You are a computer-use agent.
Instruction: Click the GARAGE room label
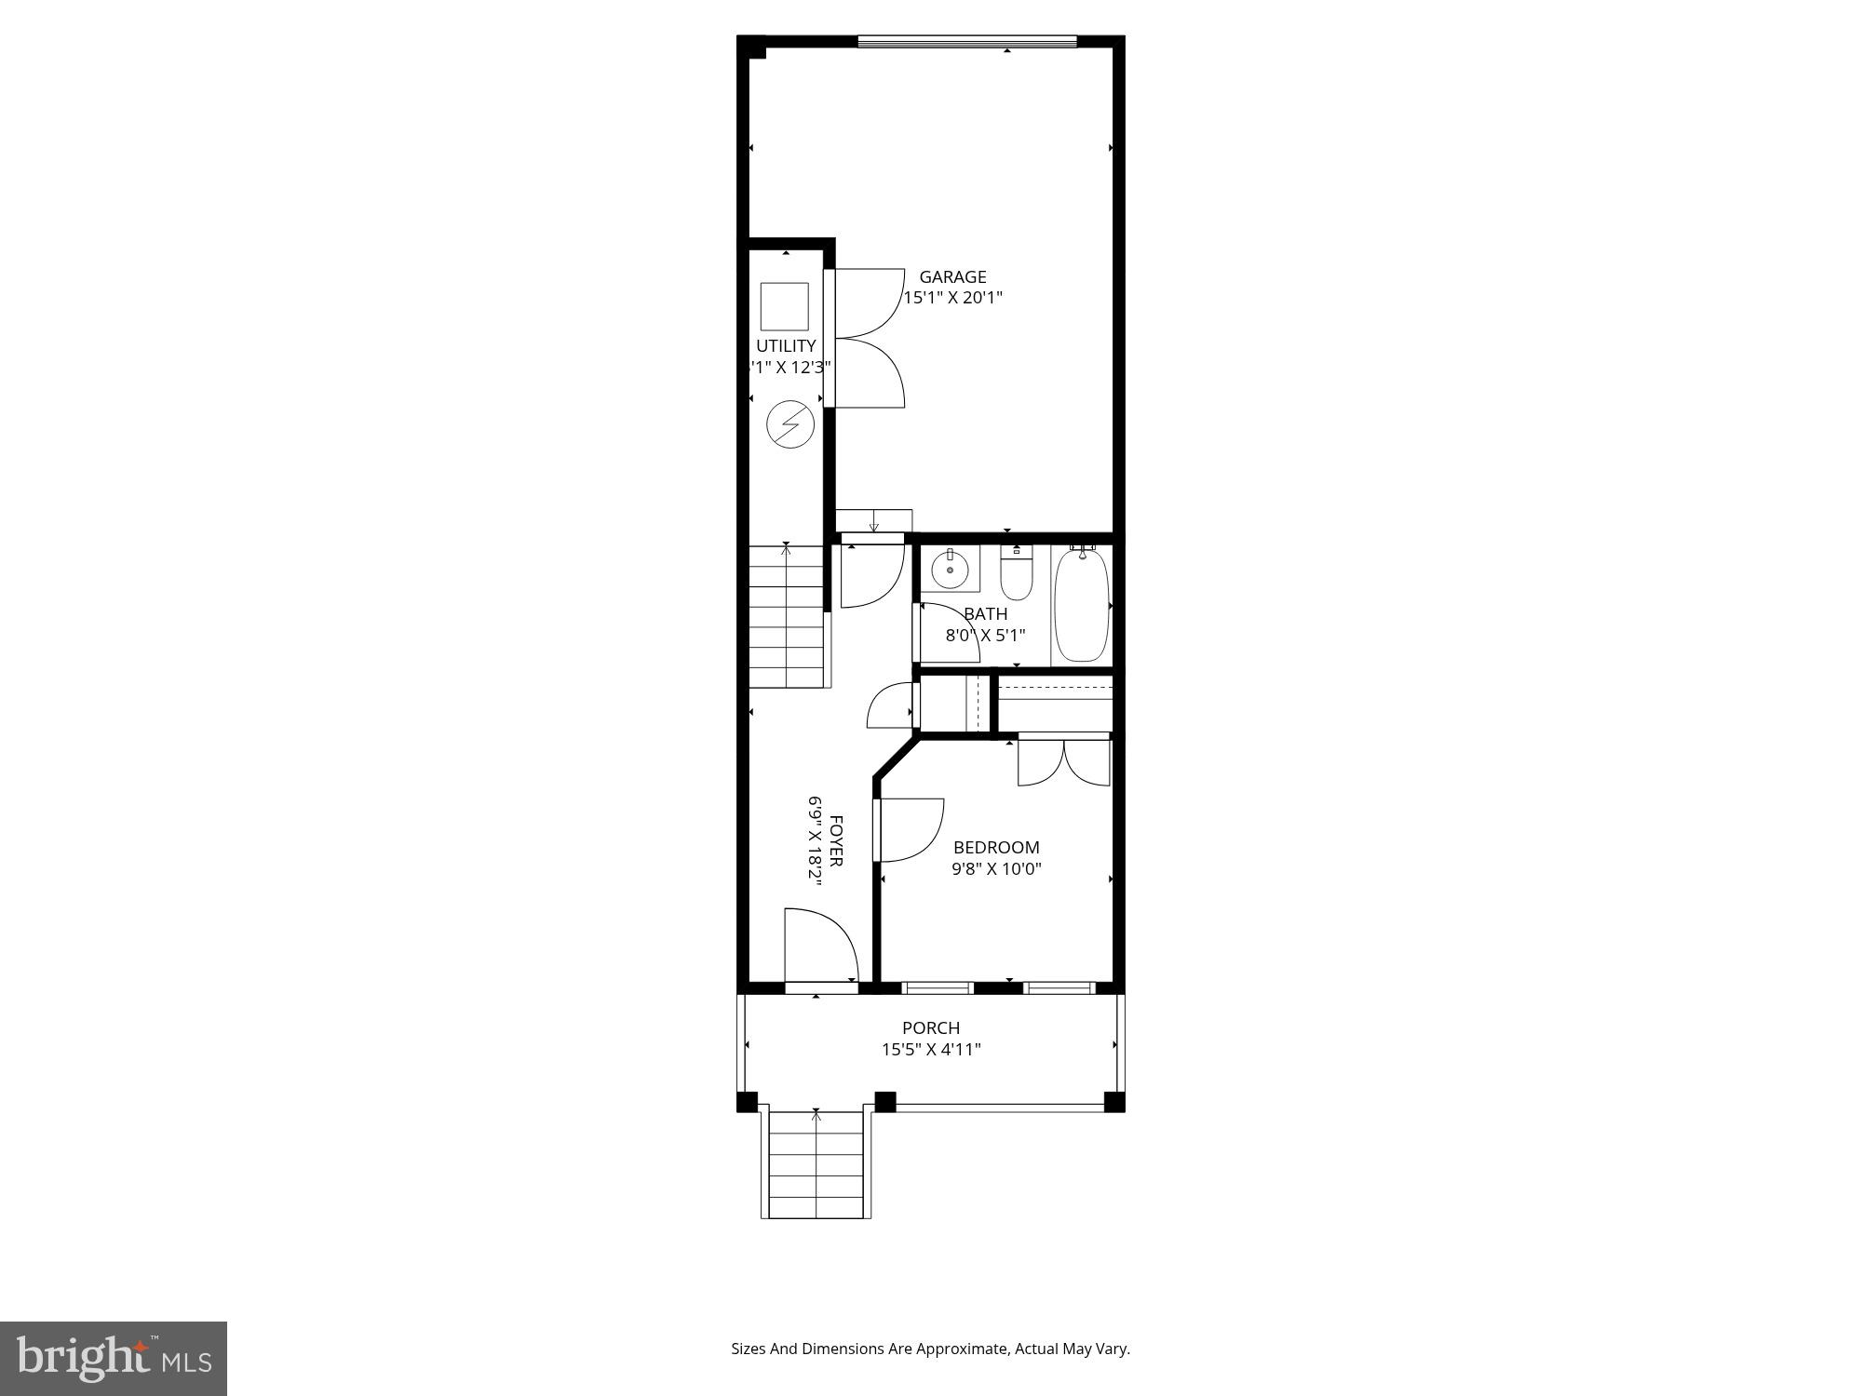(x=952, y=276)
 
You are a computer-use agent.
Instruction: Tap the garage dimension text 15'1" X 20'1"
(x=952, y=298)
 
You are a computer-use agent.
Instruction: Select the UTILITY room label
(x=786, y=345)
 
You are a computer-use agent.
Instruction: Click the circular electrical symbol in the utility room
(x=789, y=424)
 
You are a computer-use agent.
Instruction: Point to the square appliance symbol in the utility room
(x=784, y=306)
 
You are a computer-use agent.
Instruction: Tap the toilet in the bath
(x=1016, y=574)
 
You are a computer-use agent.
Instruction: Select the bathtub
(x=1081, y=604)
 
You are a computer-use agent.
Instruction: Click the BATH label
(x=985, y=614)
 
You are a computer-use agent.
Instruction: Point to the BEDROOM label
(x=996, y=847)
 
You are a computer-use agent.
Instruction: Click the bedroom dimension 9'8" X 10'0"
(x=996, y=869)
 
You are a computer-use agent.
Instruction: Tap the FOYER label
(x=836, y=841)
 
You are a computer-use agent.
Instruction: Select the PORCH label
(x=930, y=1027)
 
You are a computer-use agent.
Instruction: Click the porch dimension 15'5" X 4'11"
(x=931, y=1050)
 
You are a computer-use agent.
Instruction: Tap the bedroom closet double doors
(x=1063, y=761)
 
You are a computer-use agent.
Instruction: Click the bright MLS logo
(x=114, y=1358)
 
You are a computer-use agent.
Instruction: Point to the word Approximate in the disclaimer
(x=964, y=1349)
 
